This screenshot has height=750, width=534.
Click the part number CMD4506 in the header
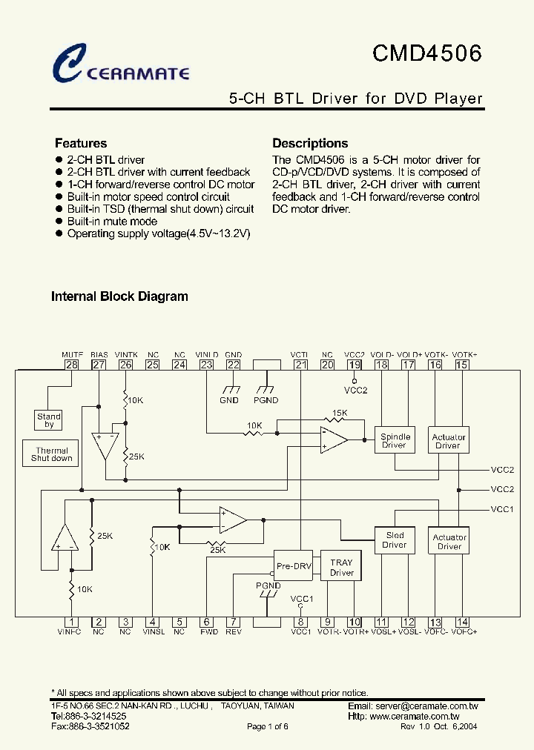(426, 53)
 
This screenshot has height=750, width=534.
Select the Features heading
(81, 144)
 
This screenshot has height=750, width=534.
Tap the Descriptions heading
(310, 144)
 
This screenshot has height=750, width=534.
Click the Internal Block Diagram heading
(119, 296)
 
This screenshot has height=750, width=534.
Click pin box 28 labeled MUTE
(72, 364)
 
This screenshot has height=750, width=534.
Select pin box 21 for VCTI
(300, 364)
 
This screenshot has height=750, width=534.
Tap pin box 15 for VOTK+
(462, 364)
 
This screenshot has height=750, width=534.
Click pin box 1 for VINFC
(72, 623)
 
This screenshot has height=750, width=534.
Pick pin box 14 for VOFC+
(462, 623)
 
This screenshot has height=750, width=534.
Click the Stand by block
(49, 420)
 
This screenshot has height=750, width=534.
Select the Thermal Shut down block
(52, 454)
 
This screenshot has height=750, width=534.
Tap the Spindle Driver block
(395, 441)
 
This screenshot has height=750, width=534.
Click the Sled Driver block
(395, 540)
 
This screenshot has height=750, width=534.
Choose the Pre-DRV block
(294, 566)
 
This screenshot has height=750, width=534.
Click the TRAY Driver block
(342, 568)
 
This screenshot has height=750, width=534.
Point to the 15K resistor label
(340, 413)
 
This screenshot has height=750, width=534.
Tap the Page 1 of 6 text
(267, 727)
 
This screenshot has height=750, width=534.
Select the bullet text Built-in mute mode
(112, 222)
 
